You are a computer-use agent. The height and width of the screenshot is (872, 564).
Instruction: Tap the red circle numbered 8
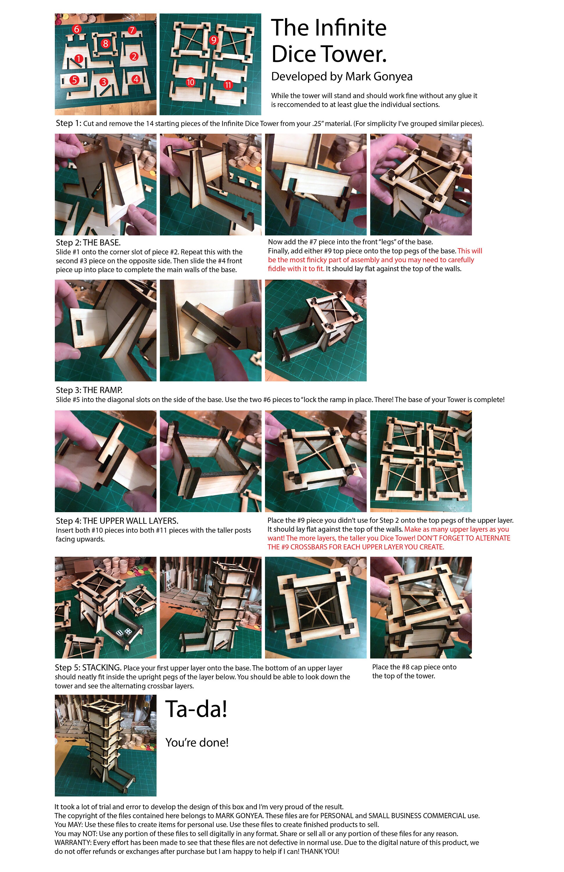point(105,44)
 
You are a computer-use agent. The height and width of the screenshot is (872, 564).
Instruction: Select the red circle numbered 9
point(214,40)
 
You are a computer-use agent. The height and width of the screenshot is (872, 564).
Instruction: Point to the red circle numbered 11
point(228,85)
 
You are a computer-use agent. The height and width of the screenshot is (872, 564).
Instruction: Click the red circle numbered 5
point(74,80)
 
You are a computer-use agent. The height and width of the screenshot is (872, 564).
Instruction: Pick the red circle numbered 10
point(190,82)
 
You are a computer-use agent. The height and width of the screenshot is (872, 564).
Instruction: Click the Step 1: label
point(69,123)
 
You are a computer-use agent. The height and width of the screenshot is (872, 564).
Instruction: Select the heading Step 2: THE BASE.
point(88,242)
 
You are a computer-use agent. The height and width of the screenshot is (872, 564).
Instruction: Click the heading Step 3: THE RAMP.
point(89,390)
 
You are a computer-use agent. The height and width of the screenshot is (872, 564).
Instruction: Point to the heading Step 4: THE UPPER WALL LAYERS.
point(117,521)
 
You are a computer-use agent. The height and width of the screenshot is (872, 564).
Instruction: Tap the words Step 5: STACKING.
point(88,668)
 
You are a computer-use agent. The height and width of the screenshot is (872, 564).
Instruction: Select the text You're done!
point(197,742)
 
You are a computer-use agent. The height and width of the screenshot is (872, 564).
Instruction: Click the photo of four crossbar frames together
point(421,461)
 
